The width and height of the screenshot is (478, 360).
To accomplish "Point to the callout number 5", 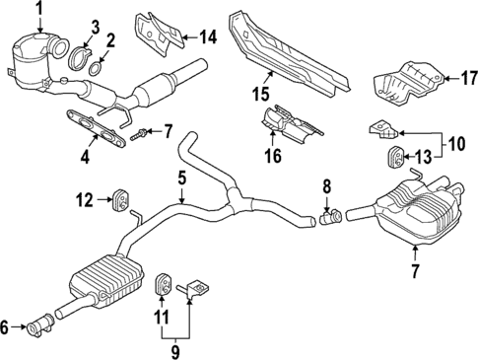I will (x=181, y=178).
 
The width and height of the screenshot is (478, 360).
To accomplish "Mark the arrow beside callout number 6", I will (x=22, y=326).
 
